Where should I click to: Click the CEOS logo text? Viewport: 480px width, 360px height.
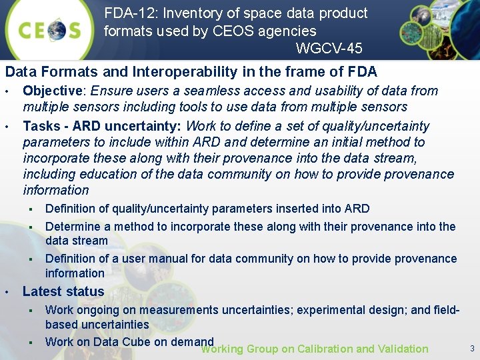pyautogui.click(x=49, y=31)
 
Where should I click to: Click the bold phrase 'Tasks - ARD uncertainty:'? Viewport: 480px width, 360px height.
pyautogui.click(x=103, y=126)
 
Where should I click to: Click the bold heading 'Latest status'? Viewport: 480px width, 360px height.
pyautogui.click(x=63, y=291)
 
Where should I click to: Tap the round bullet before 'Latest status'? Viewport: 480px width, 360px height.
pyautogui.click(x=7, y=292)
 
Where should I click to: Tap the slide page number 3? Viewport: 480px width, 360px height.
pyautogui.click(x=472, y=348)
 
